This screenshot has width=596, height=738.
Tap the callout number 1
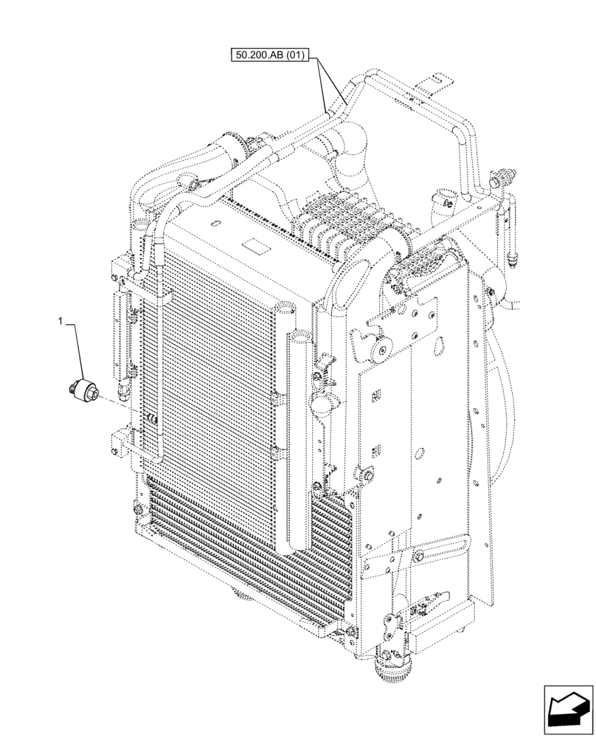pos(62,321)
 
